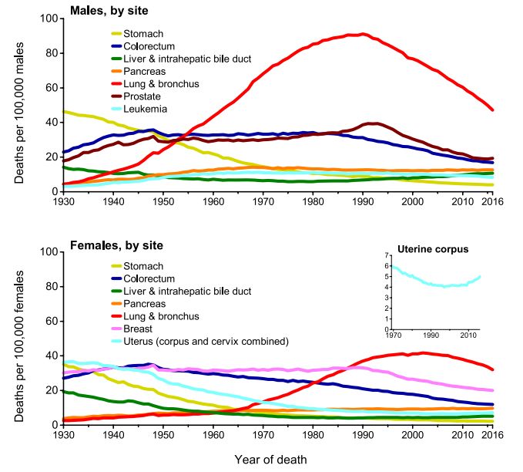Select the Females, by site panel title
tap(117, 246)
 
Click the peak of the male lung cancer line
tap(362, 34)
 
